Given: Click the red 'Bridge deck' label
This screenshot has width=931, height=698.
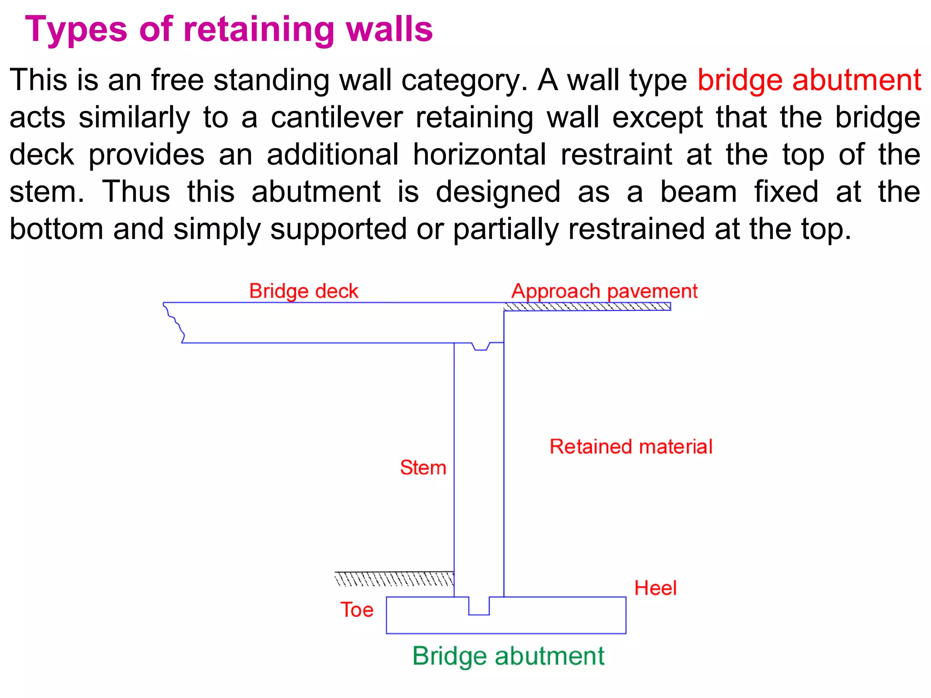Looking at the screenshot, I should [x=304, y=291].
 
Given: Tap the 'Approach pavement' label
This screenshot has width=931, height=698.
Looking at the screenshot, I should [x=604, y=291].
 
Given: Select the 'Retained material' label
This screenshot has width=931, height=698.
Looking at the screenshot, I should [x=631, y=446].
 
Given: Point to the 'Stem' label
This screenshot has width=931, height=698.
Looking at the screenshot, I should [x=423, y=467].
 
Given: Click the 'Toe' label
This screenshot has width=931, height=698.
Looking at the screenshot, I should [x=357, y=609].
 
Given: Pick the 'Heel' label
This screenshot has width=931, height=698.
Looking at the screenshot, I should [x=655, y=588].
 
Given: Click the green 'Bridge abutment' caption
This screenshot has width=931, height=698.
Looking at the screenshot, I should [x=508, y=656].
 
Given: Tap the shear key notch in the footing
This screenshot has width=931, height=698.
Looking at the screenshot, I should [x=479, y=606].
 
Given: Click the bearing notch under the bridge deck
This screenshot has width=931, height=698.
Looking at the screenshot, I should [x=481, y=346].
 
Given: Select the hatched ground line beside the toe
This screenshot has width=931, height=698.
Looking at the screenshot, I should [x=394, y=578].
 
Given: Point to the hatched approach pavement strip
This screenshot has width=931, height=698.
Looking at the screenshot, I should [x=587, y=307].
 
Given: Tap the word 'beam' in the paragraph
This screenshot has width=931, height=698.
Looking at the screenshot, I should [x=698, y=192].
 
